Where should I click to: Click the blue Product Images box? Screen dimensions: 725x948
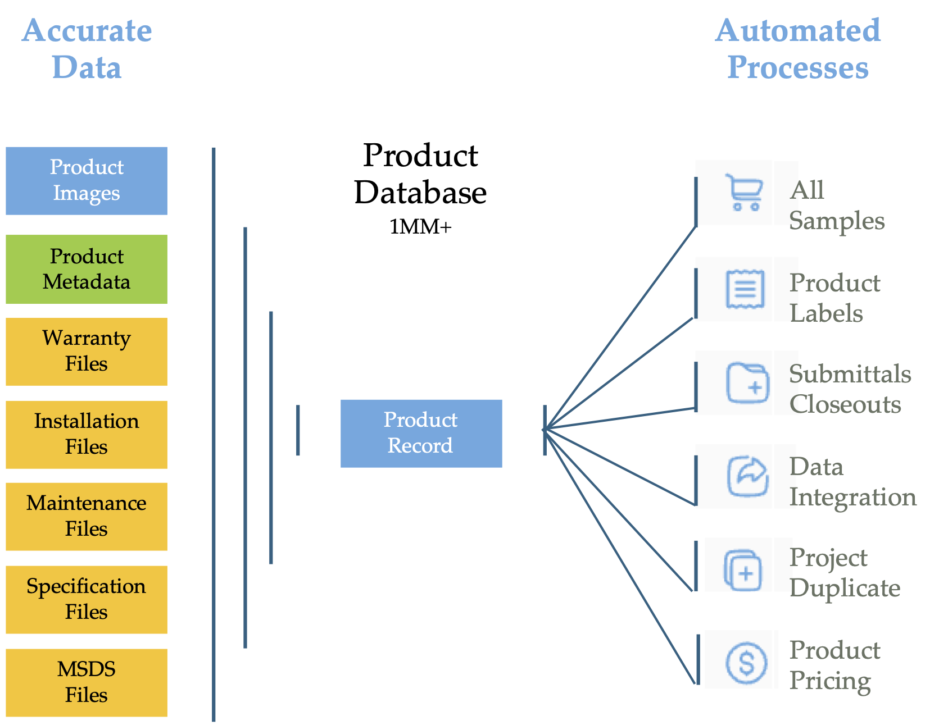click(87, 181)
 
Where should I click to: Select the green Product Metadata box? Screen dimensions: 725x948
click(87, 269)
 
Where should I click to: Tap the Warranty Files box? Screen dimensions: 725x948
click(87, 352)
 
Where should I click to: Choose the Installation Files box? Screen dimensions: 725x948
click(87, 435)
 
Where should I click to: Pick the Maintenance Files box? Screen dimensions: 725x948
click(87, 517)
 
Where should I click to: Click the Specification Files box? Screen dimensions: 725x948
click(87, 600)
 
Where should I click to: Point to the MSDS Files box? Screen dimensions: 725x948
click(87, 682)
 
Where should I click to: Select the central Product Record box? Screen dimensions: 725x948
click(421, 434)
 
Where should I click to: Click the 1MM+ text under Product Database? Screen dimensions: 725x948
click(420, 227)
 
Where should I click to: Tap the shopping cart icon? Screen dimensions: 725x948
click(745, 193)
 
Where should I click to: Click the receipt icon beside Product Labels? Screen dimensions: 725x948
click(745, 289)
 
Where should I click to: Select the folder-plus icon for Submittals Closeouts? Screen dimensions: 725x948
click(747, 383)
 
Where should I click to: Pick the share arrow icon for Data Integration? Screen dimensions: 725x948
click(747, 477)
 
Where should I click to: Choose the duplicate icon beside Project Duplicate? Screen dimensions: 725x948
click(743, 570)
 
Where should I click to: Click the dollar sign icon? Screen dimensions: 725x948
click(746, 663)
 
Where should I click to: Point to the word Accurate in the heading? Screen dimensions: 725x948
click(87, 30)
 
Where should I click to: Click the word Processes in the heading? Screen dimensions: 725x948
click(798, 67)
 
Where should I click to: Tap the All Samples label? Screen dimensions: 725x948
click(836, 206)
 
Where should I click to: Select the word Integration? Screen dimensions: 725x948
click(852, 498)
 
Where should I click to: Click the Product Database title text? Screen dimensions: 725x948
click(420, 174)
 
